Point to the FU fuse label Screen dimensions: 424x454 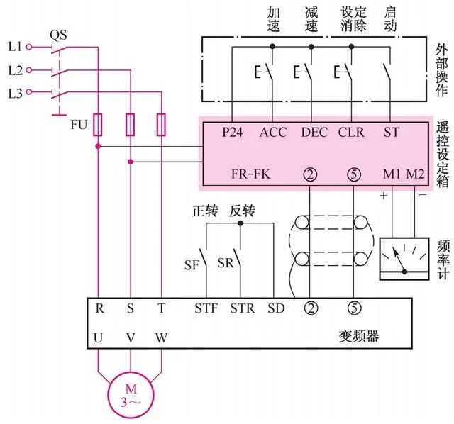click(x=79, y=125)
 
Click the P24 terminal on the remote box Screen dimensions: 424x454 click(x=232, y=132)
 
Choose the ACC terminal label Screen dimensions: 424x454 click(x=273, y=132)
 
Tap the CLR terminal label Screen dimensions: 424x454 click(x=351, y=132)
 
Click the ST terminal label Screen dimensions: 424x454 click(x=391, y=132)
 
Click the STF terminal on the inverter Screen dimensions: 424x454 click(x=206, y=308)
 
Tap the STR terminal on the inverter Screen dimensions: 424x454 click(x=241, y=308)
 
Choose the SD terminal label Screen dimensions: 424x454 click(x=276, y=308)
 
